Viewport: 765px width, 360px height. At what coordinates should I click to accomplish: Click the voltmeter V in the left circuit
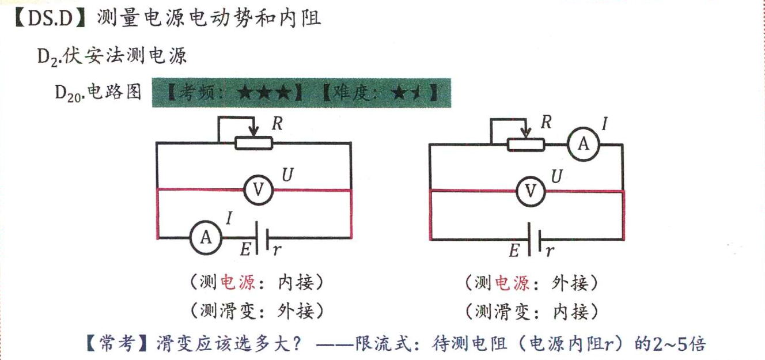pos(257,190)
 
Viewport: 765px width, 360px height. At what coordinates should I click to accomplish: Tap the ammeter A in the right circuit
pos(583,144)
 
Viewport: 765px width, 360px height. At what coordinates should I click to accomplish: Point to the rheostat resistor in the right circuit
pos(525,144)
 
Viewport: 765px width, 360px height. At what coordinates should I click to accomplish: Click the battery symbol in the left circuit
pos(262,237)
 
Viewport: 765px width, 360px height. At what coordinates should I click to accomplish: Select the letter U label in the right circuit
pos(556,176)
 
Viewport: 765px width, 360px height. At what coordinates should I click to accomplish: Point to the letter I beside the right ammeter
pos(604,123)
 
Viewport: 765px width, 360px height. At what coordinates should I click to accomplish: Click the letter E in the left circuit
pos(245,250)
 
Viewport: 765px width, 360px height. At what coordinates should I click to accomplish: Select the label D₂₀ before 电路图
pos(70,93)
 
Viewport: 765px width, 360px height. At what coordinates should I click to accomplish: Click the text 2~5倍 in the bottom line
pos(679,344)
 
